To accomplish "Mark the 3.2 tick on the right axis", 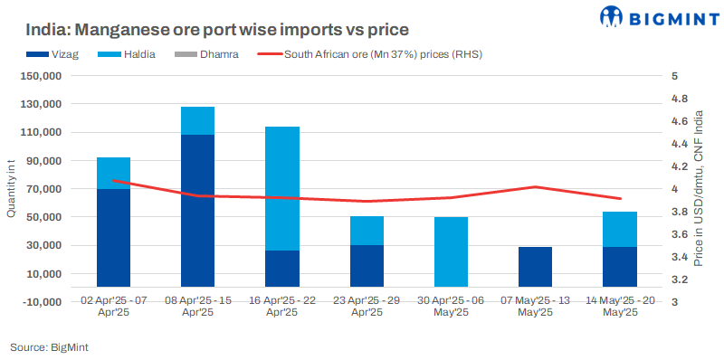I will (677, 279).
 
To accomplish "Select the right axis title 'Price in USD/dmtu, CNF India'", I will (700, 188).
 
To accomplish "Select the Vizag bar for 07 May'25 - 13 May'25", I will (535, 273).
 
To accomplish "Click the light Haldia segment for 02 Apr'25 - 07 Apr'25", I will (113, 173).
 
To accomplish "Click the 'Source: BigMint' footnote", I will (49, 346).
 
